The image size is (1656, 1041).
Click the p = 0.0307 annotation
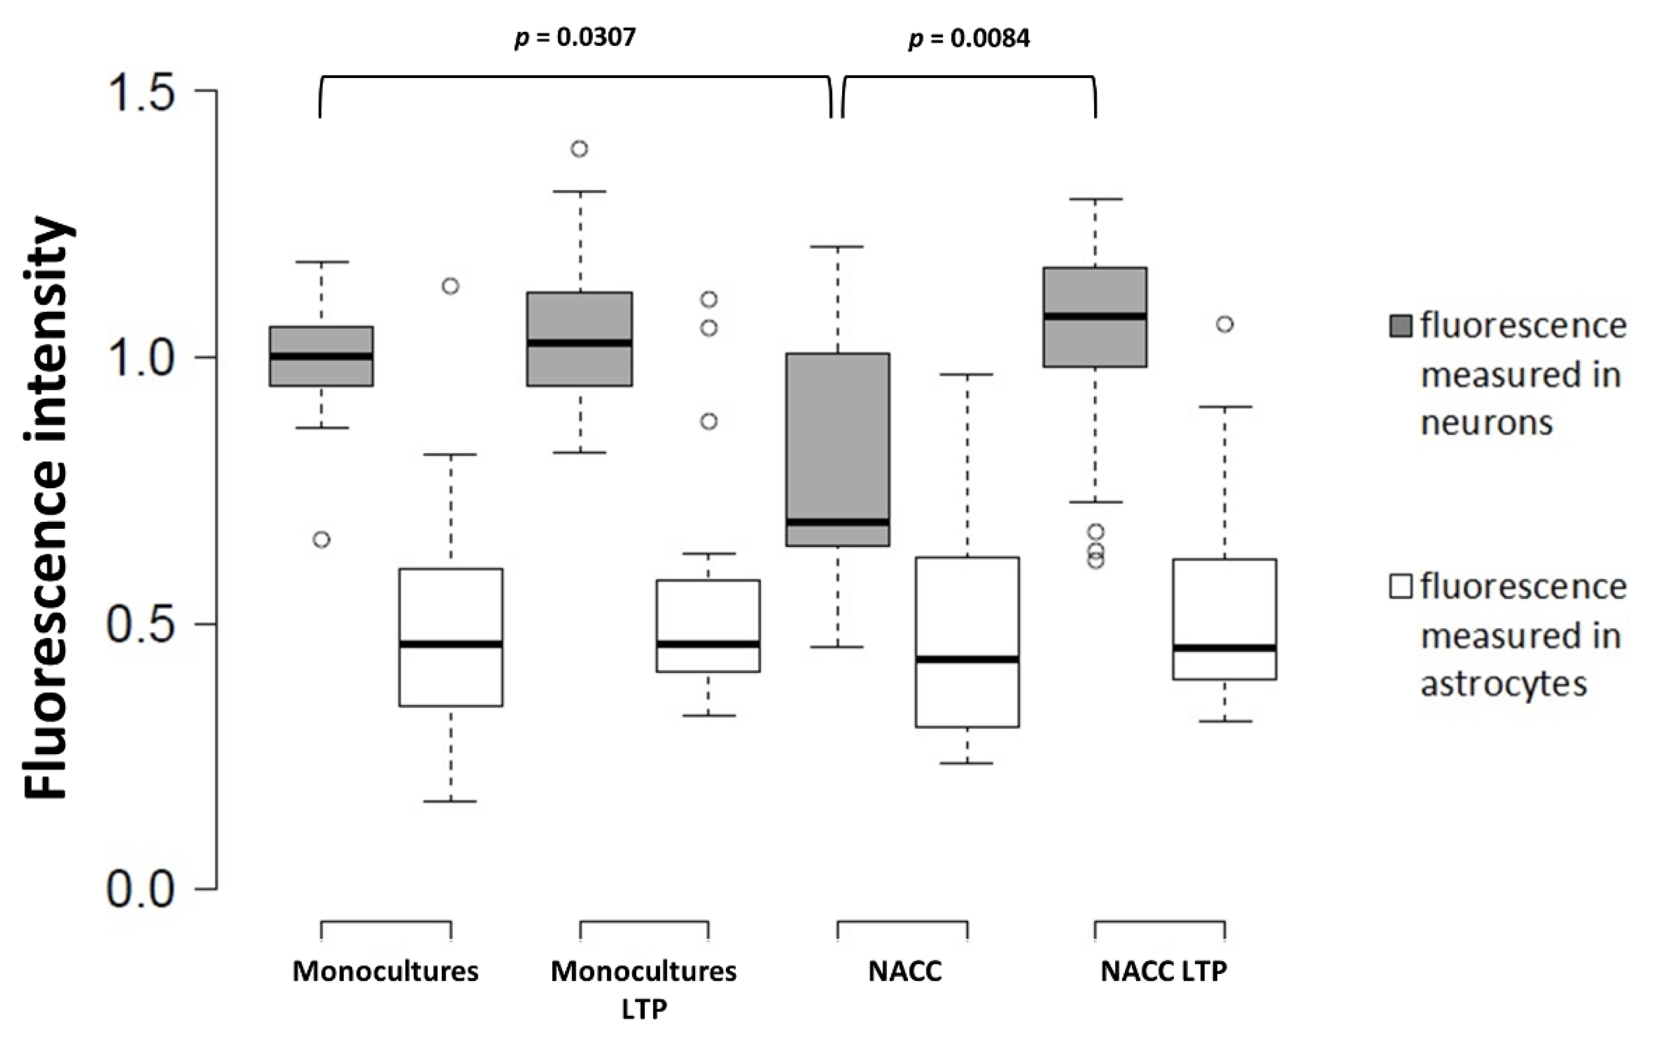(575, 38)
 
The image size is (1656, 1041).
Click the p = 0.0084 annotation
(969, 39)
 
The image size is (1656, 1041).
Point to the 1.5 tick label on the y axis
(140, 92)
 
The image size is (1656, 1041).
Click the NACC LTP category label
(1163, 971)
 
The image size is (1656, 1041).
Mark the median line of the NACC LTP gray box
(1095, 316)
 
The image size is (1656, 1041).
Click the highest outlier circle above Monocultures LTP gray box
(580, 149)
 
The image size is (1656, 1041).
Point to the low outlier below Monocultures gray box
(321, 539)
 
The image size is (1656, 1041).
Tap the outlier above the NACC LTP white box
(1225, 324)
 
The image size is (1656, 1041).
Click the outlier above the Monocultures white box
(450, 286)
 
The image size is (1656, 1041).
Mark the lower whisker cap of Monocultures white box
(451, 801)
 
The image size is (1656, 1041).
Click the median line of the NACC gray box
(838, 522)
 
